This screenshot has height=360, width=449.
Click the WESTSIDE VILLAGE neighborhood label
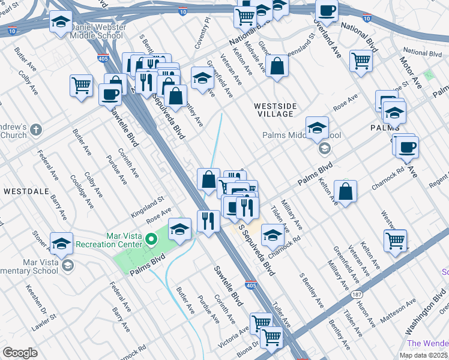coord(275,110)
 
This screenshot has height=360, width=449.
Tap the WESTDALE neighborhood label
coord(22,191)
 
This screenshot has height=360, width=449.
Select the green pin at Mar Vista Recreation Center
coord(152,241)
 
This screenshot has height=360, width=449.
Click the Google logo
coord(20,353)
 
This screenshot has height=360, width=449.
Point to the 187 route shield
coord(357,296)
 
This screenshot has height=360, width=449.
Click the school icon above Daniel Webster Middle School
coord(60,23)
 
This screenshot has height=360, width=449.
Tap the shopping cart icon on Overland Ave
coord(361,60)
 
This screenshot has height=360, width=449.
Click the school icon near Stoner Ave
coord(61,244)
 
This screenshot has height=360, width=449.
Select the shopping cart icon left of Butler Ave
coord(81,85)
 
